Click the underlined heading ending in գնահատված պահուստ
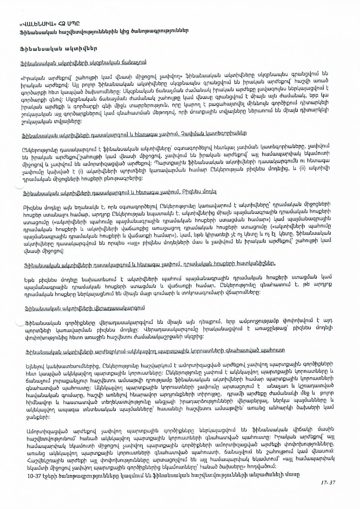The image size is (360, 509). coord(155,351)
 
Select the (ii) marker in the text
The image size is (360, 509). coord(303,169)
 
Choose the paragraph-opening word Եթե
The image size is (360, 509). coord(30,280)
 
